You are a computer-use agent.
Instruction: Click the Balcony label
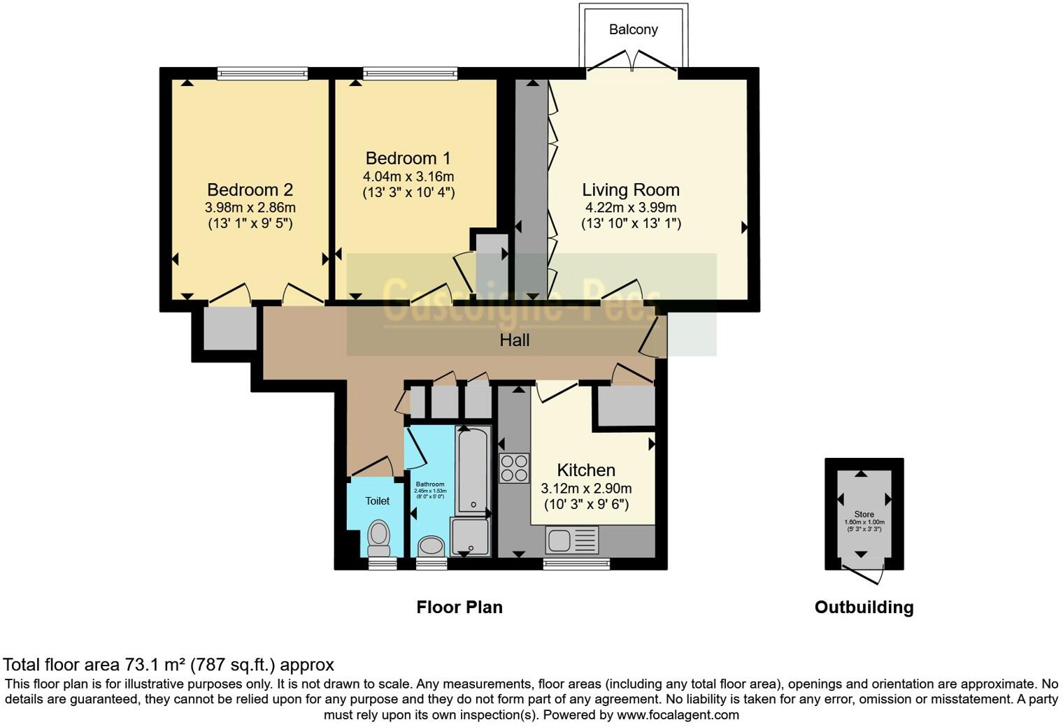pos(633,29)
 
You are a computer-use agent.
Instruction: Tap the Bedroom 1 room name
pos(408,158)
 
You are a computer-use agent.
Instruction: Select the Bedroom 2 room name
pos(250,189)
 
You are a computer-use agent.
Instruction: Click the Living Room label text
pos(630,189)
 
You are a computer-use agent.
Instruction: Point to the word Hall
pos(514,340)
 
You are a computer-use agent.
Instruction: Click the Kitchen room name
pos(586,470)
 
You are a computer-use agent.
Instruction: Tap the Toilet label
pos(377,501)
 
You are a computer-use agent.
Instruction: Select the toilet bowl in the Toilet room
pos(378,534)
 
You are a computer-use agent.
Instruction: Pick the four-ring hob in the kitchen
pos(514,468)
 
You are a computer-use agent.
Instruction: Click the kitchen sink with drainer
pos(573,540)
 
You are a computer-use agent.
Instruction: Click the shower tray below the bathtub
pos(470,537)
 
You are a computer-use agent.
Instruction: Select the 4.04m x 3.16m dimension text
pos(408,176)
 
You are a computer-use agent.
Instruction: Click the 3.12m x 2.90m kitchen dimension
pos(586,488)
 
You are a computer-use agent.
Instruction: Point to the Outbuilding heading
pos(864,607)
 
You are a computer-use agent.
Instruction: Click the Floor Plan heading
pos(459,607)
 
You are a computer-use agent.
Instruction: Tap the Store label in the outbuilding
pos(864,514)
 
